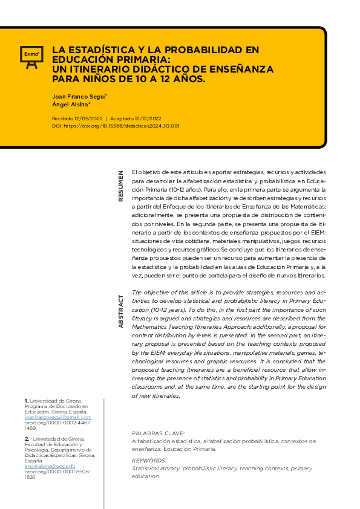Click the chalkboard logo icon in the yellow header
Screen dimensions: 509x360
(x=30, y=55)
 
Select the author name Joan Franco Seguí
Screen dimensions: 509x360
(x=79, y=96)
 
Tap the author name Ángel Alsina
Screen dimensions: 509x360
(x=71, y=105)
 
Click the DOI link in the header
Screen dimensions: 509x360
(x=115, y=126)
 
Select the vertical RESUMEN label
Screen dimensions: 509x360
(x=120, y=186)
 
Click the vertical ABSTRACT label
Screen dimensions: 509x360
(x=120, y=311)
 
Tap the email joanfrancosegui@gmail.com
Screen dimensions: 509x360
(x=57, y=417)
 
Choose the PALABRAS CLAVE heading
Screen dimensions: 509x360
(x=159, y=433)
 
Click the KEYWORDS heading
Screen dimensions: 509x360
(x=149, y=461)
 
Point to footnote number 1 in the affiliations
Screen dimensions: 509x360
(x=26, y=401)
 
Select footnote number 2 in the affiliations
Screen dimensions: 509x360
(x=27, y=439)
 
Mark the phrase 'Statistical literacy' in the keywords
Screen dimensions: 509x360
(x=155, y=468)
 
